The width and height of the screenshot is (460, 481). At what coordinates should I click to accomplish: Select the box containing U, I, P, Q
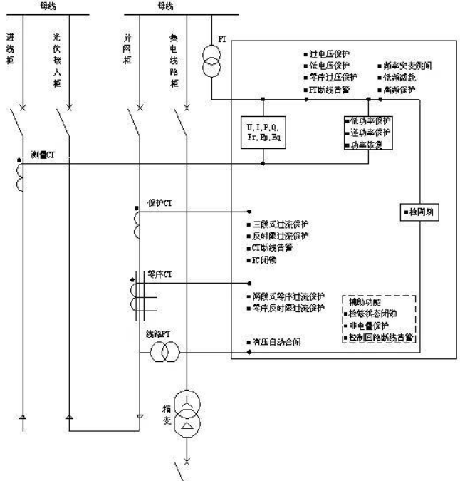263,133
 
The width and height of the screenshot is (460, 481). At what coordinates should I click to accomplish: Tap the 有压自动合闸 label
276,342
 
